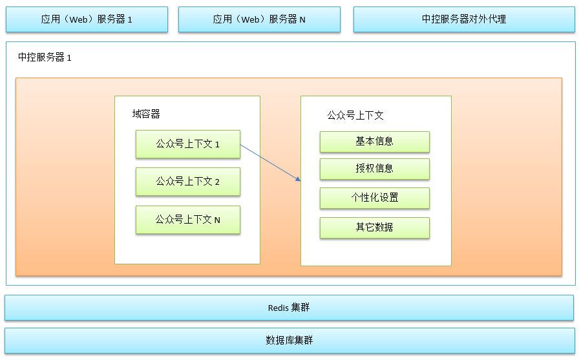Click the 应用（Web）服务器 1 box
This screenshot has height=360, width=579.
point(87,19)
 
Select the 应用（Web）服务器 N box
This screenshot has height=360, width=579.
point(259,19)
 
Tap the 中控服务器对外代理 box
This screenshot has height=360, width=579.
point(464,19)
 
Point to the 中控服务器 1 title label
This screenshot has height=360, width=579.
point(45,58)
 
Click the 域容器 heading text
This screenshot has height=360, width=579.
point(146,114)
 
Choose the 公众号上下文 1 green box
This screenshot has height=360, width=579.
point(188,144)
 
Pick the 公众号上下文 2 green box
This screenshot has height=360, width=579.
point(188,182)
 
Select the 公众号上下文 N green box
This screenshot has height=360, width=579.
point(188,220)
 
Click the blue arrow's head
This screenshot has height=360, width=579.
point(299,179)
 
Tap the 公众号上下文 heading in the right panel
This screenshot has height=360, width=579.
point(355,116)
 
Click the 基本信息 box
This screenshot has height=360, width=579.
point(375,142)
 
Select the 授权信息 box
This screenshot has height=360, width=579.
point(375,169)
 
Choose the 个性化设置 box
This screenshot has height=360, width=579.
point(375,198)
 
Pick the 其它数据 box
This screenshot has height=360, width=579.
point(375,228)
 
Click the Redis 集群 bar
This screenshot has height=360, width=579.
point(289,308)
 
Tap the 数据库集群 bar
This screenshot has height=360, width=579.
point(289,341)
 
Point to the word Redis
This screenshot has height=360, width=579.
point(278,308)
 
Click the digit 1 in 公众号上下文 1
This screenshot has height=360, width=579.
point(217,145)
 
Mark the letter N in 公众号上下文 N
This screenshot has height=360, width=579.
point(217,220)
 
